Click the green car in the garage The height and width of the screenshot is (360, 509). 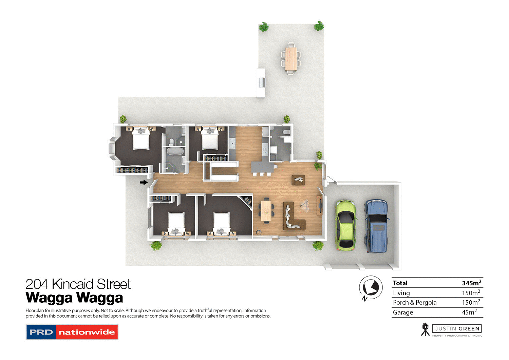pos(345,225)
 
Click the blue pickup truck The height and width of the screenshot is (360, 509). pos(376,226)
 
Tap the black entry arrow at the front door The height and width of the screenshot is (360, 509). pos(144,183)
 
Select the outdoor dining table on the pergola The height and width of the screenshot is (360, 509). pos(291,58)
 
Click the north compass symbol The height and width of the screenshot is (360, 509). pos(371,288)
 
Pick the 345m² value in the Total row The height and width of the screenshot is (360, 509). pos(471,283)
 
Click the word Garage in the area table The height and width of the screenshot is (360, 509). pos(403,312)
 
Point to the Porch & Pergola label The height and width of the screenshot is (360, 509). pos(414,302)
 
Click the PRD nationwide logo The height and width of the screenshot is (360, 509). pos(72,332)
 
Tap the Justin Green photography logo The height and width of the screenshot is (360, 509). pos(452,329)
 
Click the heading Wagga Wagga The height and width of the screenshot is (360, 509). pos(74,298)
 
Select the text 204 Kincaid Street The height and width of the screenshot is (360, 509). pos(78,284)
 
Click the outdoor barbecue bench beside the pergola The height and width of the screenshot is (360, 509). pos(261,82)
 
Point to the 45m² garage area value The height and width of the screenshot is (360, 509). pos(469,312)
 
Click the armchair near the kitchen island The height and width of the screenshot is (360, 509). pos(299,179)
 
